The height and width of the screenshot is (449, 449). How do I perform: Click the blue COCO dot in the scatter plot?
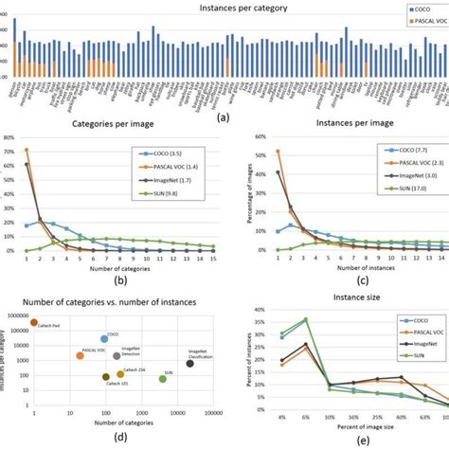[x=104, y=338]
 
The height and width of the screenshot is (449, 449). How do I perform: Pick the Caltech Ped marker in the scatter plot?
[x=34, y=323]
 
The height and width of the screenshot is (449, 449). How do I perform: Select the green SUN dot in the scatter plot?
[x=163, y=378]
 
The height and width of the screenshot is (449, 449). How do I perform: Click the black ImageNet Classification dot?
[x=190, y=363]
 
